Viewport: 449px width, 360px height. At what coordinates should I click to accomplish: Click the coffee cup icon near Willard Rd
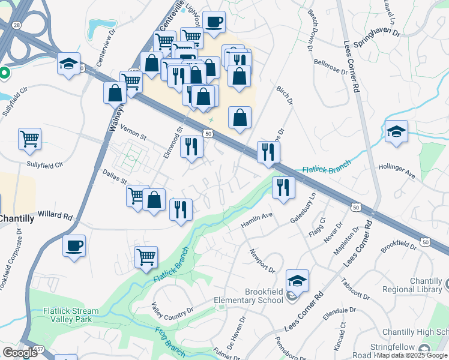coord(74,246)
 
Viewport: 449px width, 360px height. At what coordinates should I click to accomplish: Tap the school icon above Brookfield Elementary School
coord(297,280)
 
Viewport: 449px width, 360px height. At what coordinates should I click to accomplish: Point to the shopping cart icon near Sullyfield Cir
coord(29,139)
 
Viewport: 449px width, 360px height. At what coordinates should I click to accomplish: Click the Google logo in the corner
coord(20,352)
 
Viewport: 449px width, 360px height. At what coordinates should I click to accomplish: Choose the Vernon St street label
coord(133,133)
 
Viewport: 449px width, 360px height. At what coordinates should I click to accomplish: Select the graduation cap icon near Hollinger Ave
coord(396,131)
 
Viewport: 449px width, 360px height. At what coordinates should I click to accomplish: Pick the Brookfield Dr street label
coord(398,245)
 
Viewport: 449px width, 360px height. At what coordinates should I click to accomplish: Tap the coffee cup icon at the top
coord(214,23)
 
